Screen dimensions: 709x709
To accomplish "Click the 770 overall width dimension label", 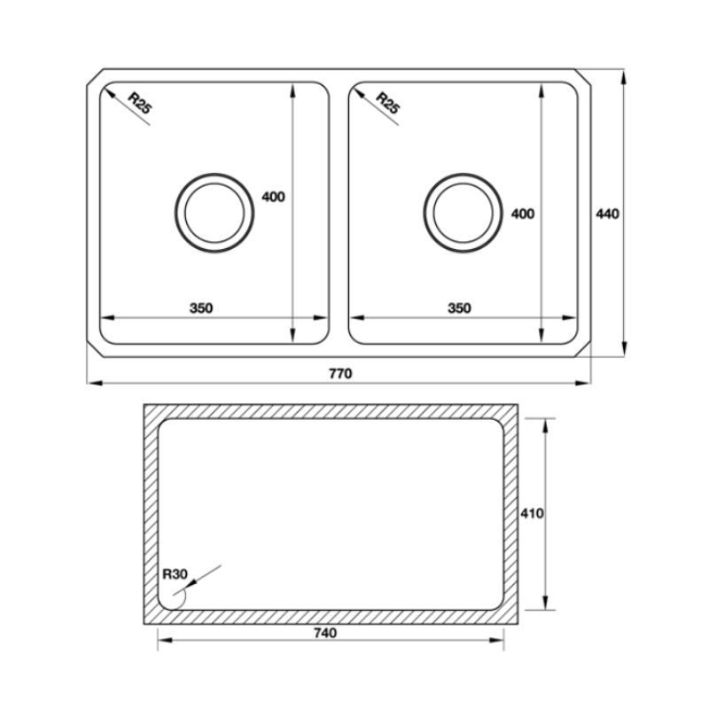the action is [340, 373].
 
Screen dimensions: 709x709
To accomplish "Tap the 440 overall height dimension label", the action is [607, 214].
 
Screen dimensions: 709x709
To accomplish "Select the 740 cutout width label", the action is [325, 633].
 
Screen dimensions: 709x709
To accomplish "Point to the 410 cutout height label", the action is [532, 514].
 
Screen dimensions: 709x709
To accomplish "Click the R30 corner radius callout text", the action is [175, 574].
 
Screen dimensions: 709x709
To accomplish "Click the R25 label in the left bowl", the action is [140, 103].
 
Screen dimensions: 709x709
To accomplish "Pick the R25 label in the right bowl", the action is [388, 103].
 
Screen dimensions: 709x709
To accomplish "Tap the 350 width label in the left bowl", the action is [201, 308].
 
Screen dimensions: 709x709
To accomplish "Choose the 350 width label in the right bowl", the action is [459, 308].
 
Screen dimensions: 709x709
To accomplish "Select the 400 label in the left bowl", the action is [274, 197].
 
